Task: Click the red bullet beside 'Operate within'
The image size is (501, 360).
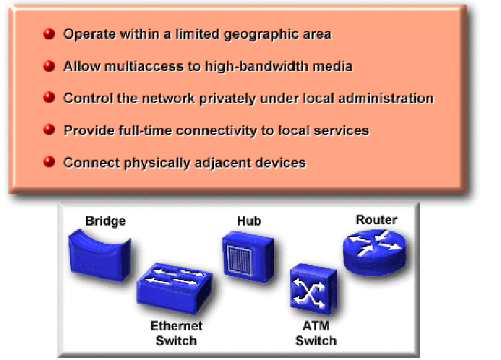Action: point(49,34)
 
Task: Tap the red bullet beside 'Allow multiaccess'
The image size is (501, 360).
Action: point(49,66)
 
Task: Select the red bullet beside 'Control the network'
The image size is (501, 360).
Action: point(49,98)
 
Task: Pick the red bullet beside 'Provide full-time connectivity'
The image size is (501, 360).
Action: point(49,130)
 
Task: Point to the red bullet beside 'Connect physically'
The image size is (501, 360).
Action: point(49,162)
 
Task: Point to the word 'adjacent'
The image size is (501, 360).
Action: point(209,162)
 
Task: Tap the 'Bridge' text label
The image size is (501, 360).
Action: point(105,222)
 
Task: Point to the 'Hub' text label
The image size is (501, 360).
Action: point(249,221)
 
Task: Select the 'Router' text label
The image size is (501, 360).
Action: point(376,220)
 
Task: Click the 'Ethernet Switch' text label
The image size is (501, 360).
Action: point(176,333)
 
